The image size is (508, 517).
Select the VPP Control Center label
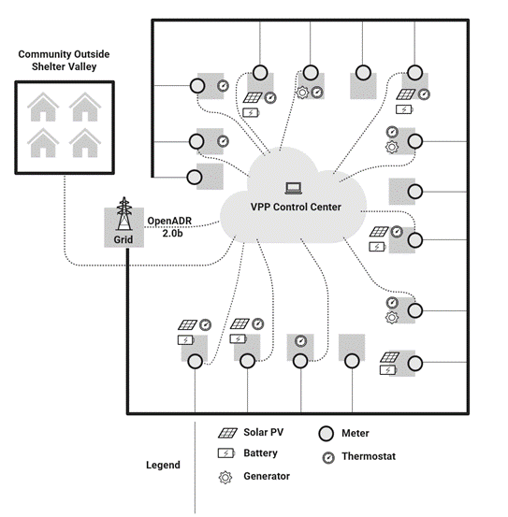pyautogui.click(x=295, y=207)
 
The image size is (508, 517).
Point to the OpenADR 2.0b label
pyautogui.click(x=169, y=226)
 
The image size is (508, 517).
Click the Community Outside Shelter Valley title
pyautogui.click(x=64, y=61)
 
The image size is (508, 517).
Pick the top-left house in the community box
pyautogui.click(x=42, y=107)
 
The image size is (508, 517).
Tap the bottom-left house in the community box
pyautogui.click(x=42, y=142)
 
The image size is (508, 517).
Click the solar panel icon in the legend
pyautogui.click(x=226, y=433)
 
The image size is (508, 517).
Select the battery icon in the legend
pyautogui.click(x=226, y=452)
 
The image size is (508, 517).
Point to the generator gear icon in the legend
pyautogui.click(x=226, y=476)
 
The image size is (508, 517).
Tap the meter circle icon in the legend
pyautogui.click(x=326, y=433)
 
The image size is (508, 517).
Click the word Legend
pyautogui.click(x=163, y=465)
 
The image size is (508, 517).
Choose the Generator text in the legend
pyautogui.click(x=267, y=476)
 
